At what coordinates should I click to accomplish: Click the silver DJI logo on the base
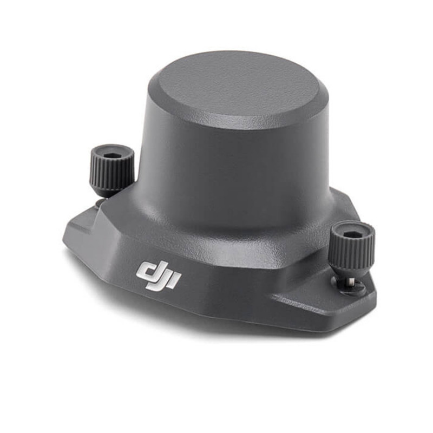[x=159, y=274]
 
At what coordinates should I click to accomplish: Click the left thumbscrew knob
[x=111, y=169]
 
